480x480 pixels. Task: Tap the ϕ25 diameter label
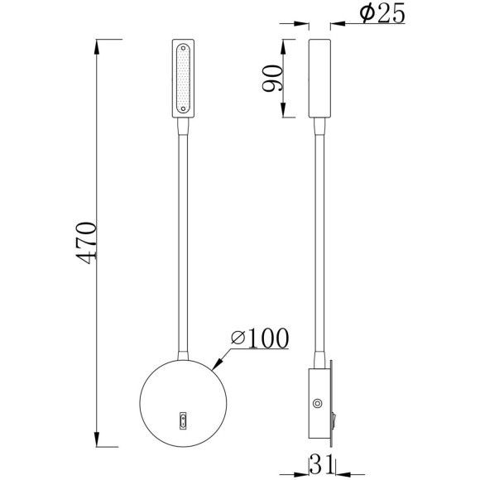[382, 14]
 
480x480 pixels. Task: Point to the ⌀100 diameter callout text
[260, 338]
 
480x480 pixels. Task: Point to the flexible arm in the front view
[181, 240]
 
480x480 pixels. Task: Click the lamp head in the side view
[319, 78]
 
